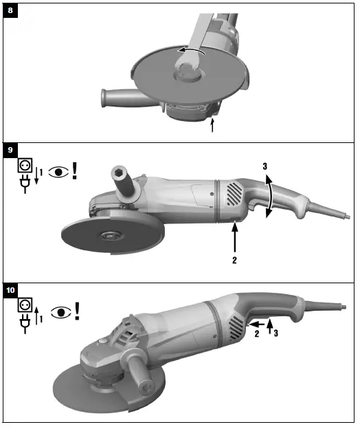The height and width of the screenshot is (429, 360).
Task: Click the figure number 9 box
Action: point(10,148)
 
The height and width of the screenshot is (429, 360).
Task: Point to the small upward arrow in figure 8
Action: point(212,124)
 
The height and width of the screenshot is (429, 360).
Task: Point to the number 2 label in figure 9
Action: point(235,261)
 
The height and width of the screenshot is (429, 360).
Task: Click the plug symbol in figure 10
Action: point(25,326)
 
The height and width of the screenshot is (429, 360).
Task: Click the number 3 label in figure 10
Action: point(276,334)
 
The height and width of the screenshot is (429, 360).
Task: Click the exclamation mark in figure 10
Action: point(77,310)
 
